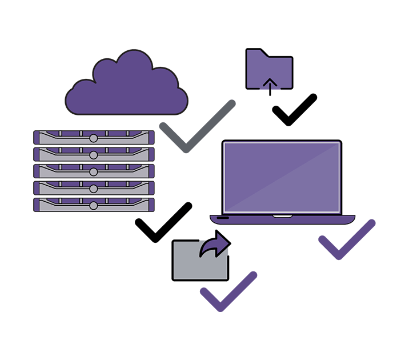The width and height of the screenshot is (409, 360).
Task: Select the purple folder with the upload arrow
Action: pos(269,69)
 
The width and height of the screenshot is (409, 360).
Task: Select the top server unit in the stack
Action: pos(94,138)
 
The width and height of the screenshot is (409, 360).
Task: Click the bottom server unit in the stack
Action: pos(94,205)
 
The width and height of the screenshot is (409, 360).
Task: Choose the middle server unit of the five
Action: pos(94,171)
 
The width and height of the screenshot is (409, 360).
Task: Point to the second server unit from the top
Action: pos(94,154)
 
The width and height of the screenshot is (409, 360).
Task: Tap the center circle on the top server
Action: pos(94,138)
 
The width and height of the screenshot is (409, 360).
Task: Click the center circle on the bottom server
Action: pos(94,205)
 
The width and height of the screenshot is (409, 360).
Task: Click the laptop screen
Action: pos(282,177)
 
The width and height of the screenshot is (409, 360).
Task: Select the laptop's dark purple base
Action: pos(282,219)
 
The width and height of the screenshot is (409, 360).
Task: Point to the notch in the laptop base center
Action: pos(282,216)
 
